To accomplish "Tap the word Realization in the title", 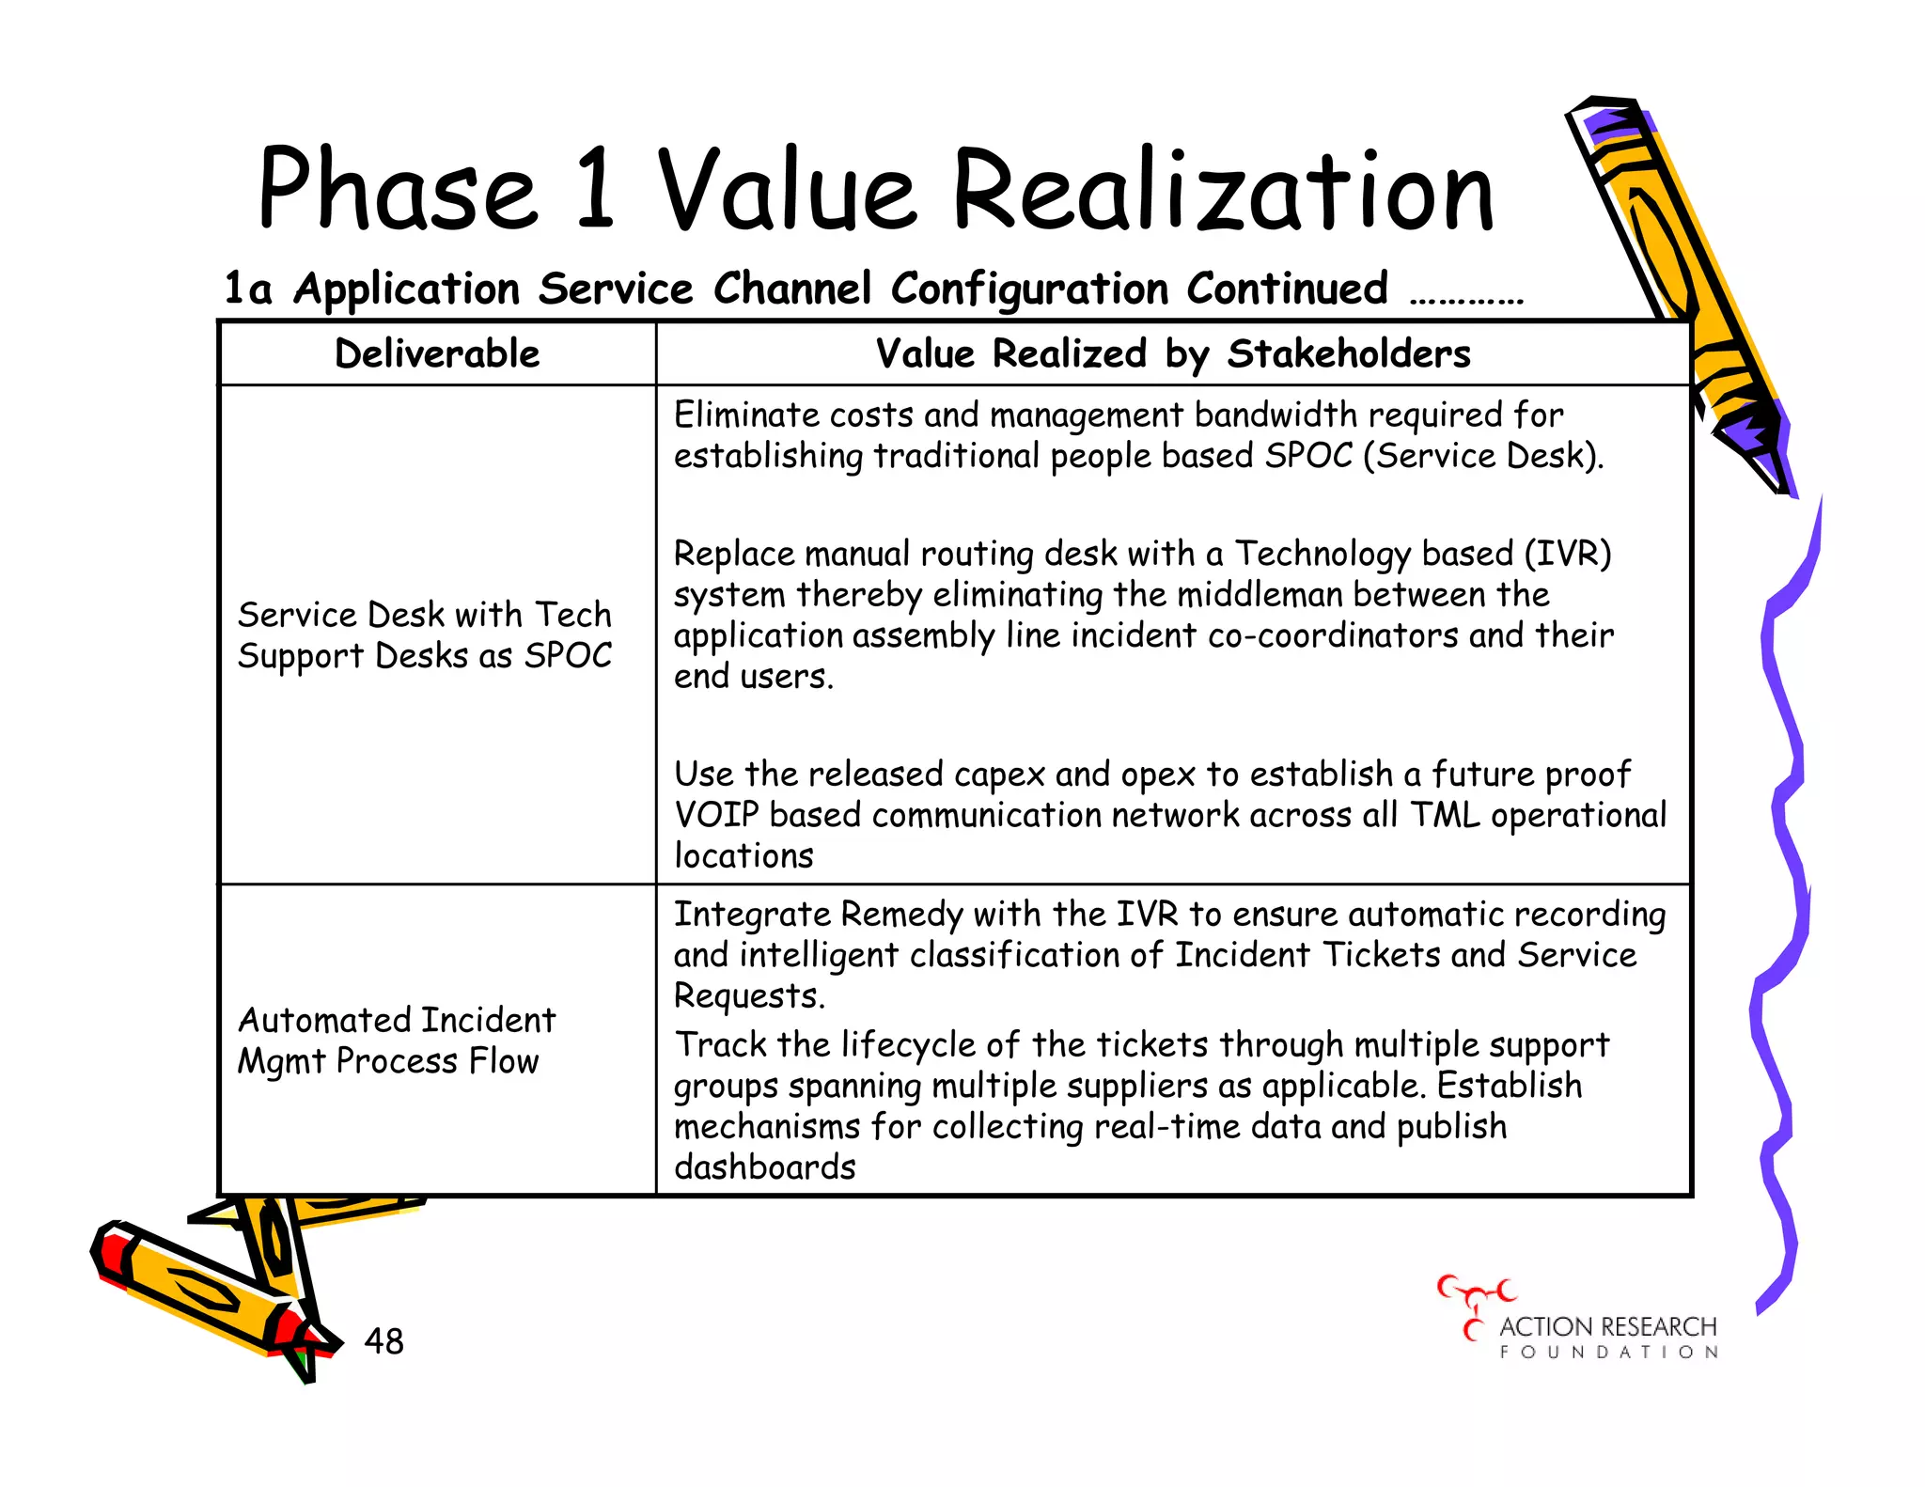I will click(x=1222, y=191).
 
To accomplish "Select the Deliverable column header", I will click(x=437, y=354).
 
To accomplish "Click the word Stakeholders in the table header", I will click(x=1349, y=354).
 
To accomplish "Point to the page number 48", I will click(x=383, y=1341).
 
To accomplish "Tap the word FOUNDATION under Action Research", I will click(x=1609, y=1353).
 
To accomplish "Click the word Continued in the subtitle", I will click(x=1287, y=289).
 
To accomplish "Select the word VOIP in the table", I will click(x=715, y=815).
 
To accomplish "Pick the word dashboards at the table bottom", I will click(x=765, y=1167).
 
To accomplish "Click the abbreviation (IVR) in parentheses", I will click(x=1567, y=554).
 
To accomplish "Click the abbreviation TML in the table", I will click(x=1445, y=815).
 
